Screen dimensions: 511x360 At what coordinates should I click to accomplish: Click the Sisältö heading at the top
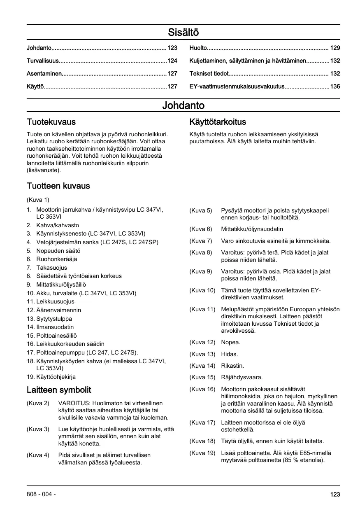(x=183, y=32)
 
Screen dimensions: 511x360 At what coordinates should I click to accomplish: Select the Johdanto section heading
(x=183, y=106)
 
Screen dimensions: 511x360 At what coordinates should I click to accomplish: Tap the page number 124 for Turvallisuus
(x=172, y=61)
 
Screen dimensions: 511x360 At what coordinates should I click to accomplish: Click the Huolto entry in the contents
(x=198, y=48)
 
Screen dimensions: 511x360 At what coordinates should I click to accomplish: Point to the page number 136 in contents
(x=335, y=86)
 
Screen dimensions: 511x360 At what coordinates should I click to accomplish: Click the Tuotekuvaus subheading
(x=51, y=122)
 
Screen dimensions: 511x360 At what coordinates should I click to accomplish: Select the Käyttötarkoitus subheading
(x=218, y=122)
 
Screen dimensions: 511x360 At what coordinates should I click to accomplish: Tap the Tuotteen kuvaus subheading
(x=58, y=186)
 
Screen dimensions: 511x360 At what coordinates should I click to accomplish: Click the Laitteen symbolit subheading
(x=59, y=390)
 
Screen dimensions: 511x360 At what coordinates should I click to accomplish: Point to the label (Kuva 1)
(x=38, y=200)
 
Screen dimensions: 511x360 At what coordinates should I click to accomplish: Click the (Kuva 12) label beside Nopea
(x=202, y=342)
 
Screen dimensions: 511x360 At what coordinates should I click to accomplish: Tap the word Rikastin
(x=232, y=366)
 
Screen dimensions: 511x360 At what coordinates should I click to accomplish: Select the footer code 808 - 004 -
(x=41, y=495)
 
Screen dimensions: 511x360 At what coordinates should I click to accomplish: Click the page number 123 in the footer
(x=335, y=495)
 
